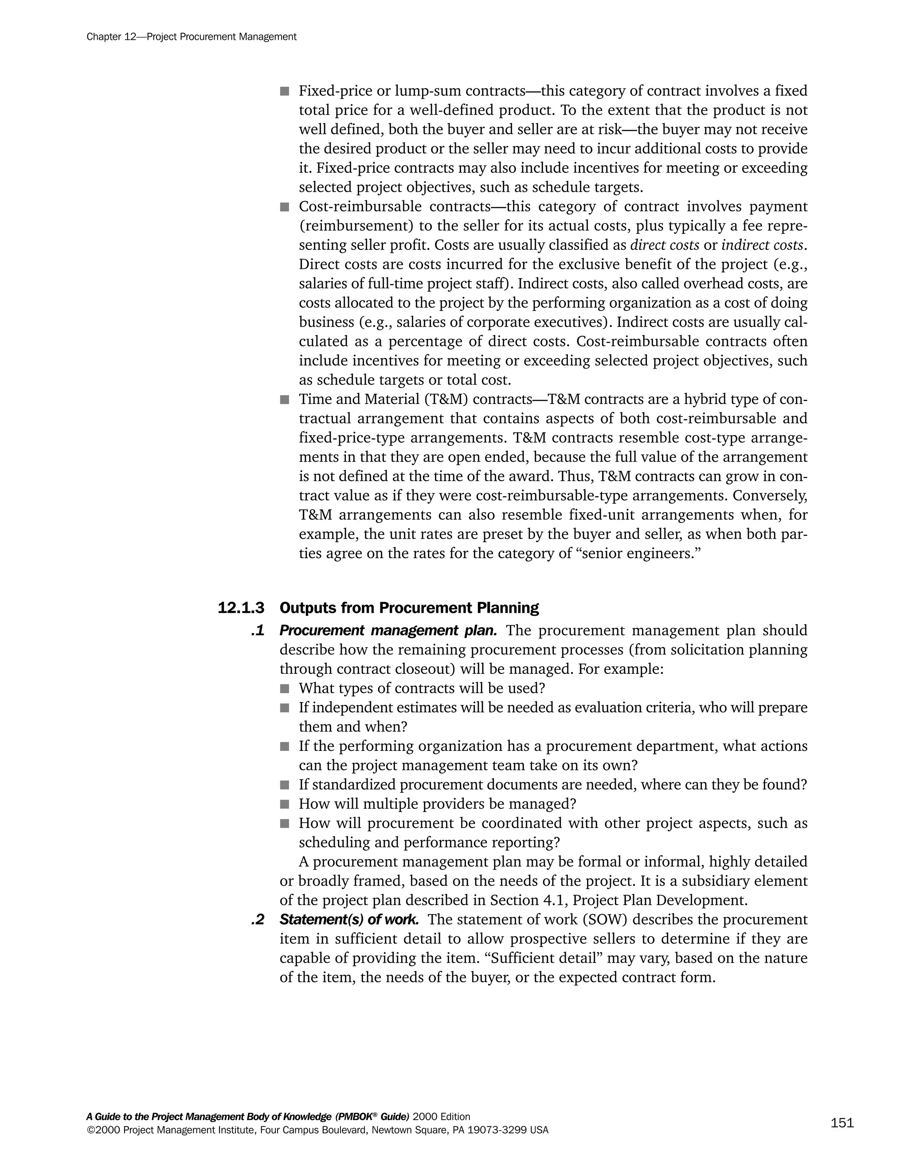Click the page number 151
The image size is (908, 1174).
point(842,1123)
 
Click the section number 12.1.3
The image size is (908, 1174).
point(241,608)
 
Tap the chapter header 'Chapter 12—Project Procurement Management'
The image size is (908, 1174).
point(192,37)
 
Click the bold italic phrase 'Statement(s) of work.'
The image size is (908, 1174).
point(349,920)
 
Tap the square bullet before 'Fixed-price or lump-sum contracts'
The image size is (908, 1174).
point(285,91)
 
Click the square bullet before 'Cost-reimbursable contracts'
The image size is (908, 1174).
point(285,207)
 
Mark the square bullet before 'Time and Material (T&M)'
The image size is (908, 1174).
point(285,400)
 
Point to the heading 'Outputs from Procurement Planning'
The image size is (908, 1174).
point(409,608)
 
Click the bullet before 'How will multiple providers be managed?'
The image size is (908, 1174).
point(285,805)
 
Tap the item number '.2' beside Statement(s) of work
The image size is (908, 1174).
point(258,920)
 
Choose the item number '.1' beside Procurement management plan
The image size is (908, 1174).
point(258,630)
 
